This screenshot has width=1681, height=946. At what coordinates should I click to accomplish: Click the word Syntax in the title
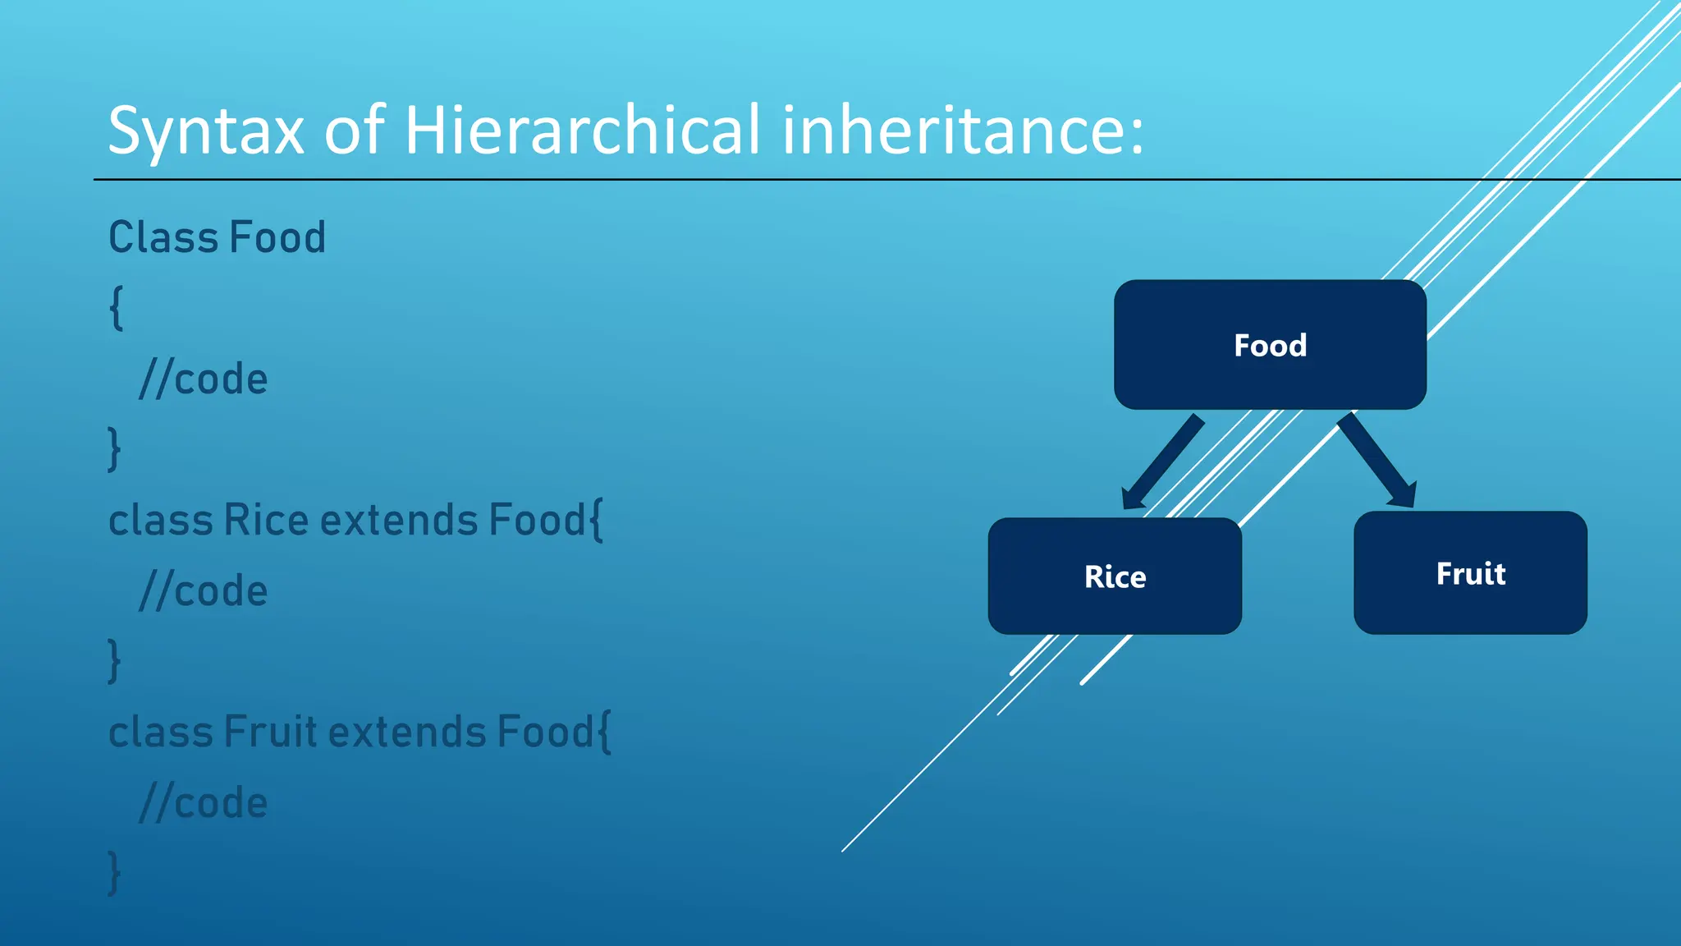[206, 131]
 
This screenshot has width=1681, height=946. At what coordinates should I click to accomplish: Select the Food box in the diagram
[1270, 345]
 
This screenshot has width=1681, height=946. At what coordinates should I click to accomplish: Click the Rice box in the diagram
[1115, 576]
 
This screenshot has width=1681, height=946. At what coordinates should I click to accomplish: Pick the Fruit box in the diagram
[1470, 573]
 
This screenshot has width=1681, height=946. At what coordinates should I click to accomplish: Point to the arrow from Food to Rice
[1162, 462]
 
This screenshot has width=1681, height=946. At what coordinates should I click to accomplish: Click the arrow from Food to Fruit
[1377, 461]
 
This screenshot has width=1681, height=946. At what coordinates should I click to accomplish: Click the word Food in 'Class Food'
[277, 238]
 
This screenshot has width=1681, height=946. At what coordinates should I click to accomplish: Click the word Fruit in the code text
[270, 732]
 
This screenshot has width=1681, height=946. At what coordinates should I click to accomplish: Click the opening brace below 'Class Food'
[117, 309]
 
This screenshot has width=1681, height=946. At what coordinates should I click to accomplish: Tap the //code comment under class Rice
[204, 591]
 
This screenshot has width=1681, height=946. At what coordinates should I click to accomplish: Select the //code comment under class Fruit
[204, 803]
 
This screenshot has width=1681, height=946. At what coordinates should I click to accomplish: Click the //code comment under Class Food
[204, 379]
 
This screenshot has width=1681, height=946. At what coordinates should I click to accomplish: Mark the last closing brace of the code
[114, 873]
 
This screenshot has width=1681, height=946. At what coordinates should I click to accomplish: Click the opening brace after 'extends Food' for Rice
[596, 521]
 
